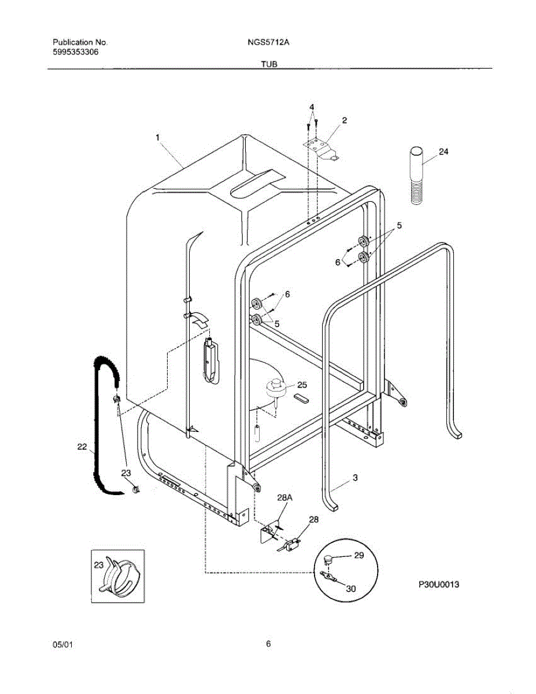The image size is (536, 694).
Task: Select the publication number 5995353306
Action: tap(75, 51)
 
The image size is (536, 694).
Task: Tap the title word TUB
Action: tap(269, 65)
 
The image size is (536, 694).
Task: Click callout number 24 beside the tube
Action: tap(443, 152)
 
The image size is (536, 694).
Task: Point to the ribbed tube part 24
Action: tap(416, 176)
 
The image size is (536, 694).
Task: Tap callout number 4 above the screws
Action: tap(311, 108)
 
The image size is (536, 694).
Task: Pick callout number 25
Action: tap(302, 385)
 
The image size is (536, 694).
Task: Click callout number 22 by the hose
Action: tap(82, 446)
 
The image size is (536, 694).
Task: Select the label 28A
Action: tap(284, 498)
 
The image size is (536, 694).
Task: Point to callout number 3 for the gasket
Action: tap(355, 478)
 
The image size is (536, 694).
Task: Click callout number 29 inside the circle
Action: tap(359, 555)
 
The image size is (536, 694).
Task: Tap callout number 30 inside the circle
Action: tap(351, 589)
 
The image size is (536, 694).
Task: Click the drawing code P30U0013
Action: tap(439, 585)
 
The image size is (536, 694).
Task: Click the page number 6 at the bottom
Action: tap(268, 644)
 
